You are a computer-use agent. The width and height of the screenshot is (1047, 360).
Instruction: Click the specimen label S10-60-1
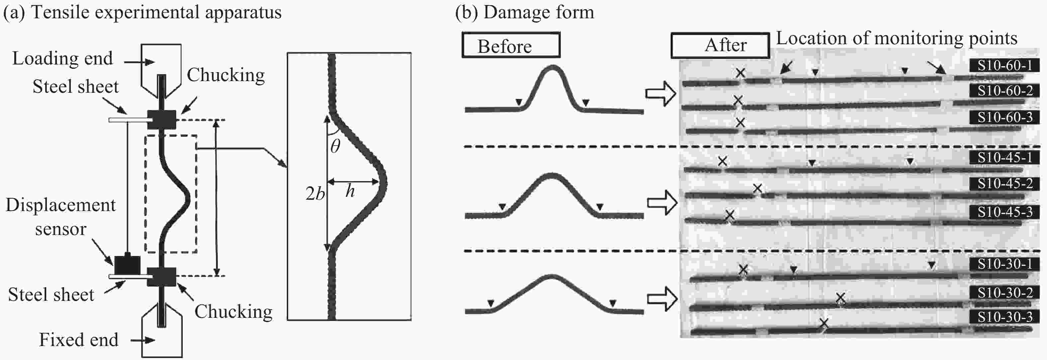(1004, 65)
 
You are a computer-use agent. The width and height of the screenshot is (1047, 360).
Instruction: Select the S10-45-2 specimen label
(1004, 184)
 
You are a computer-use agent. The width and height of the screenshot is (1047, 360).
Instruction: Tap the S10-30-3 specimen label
(1004, 317)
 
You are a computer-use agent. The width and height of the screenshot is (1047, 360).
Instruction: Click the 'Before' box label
(505, 46)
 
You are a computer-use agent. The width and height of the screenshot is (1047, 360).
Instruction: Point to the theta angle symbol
(335, 146)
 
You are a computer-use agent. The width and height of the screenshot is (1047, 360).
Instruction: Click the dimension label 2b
(315, 193)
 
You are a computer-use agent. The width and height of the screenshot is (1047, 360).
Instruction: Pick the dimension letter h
(350, 190)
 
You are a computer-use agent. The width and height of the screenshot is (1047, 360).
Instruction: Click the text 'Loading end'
(62, 59)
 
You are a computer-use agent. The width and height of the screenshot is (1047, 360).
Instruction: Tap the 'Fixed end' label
(78, 340)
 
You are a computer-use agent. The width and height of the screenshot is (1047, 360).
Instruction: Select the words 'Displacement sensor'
(60, 217)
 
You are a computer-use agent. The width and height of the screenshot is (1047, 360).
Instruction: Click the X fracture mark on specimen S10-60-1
(741, 73)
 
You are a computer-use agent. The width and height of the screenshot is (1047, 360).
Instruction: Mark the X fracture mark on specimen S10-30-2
(840, 299)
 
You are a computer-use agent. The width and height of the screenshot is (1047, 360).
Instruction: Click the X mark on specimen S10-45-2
(757, 188)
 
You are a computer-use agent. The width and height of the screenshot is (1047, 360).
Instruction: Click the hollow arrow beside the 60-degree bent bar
(661, 94)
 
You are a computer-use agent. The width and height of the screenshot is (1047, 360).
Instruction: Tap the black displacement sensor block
(127, 265)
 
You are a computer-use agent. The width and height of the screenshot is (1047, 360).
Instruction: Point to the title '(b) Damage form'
(524, 12)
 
